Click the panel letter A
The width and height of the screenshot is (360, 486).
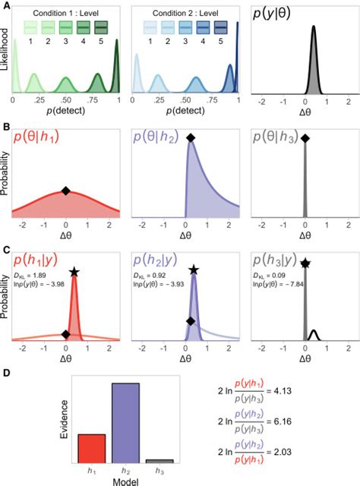(6, 5)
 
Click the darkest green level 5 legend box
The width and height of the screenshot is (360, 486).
(102, 28)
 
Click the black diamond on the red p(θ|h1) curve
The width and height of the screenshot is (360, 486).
(66, 191)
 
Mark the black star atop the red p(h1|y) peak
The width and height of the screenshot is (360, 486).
(74, 272)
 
